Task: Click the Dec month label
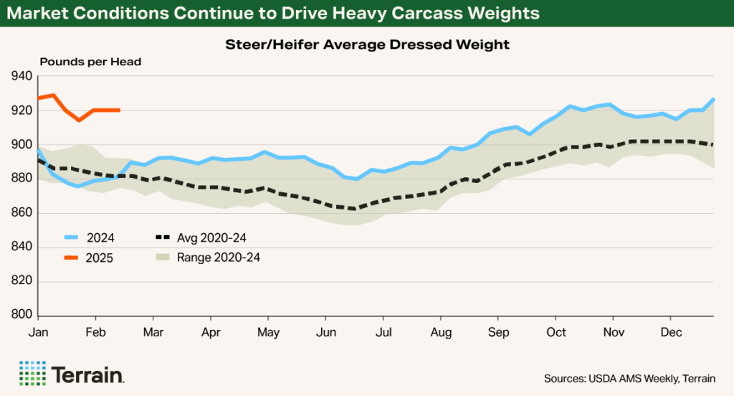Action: click(670, 333)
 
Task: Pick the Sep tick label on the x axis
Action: click(498, 333)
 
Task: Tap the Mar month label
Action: click(153, 333)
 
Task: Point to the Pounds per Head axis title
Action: click(90, 62)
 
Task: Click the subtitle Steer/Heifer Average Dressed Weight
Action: click(366, 44)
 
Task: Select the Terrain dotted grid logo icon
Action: click(32, 373)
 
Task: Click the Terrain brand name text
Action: click(88, 374)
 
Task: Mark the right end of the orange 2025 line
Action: click(119, 110)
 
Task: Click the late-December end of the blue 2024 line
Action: click(713, 99)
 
